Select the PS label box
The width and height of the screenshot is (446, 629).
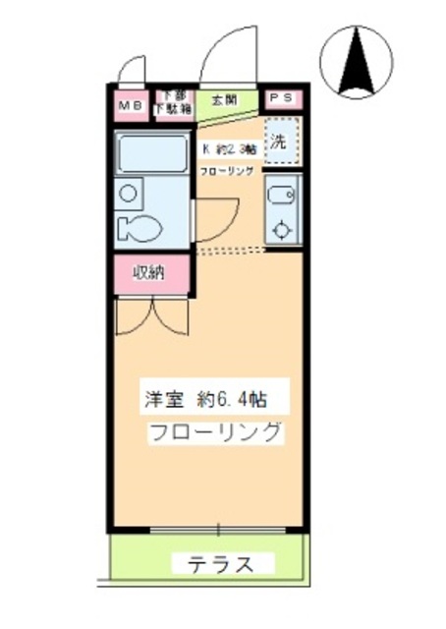tap(281, 98)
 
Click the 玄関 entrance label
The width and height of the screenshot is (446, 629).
tap(224, 99)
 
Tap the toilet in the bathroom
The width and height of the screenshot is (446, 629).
tap(137, 228)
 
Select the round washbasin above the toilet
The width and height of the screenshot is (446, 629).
tap(129, 194)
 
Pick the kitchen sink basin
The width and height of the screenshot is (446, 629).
tap(280, 194)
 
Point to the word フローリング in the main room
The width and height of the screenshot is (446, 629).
tap(216, 432)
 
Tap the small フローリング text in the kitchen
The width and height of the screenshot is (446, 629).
tap(227, 170)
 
